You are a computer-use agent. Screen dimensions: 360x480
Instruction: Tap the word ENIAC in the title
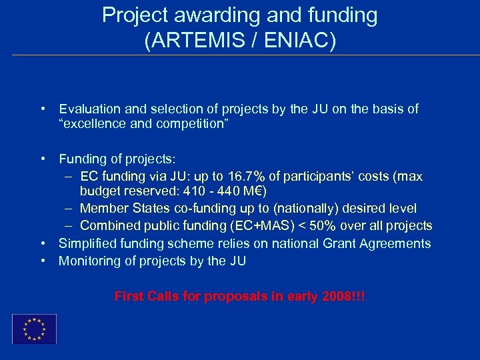pyautogui.click(x=299, y=41)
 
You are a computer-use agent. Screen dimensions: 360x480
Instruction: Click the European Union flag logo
pyautogui.click(x=34, y=329)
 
